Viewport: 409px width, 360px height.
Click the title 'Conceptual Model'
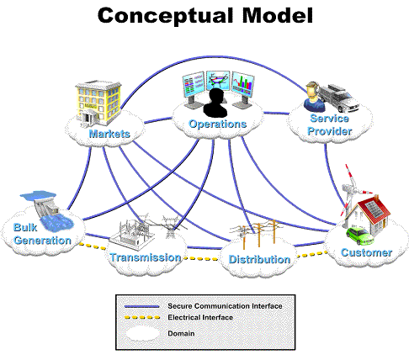[x=204, y=15]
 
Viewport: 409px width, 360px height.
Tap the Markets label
[x=109, y=132]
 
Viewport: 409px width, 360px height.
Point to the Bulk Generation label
[x=42, y=234]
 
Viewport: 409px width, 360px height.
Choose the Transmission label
[x=146, y=257]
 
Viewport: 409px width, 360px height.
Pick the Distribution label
[x=260, y=260]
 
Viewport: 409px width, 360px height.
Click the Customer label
[x=366, y=252]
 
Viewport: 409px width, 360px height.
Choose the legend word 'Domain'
[x=181, y=334]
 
